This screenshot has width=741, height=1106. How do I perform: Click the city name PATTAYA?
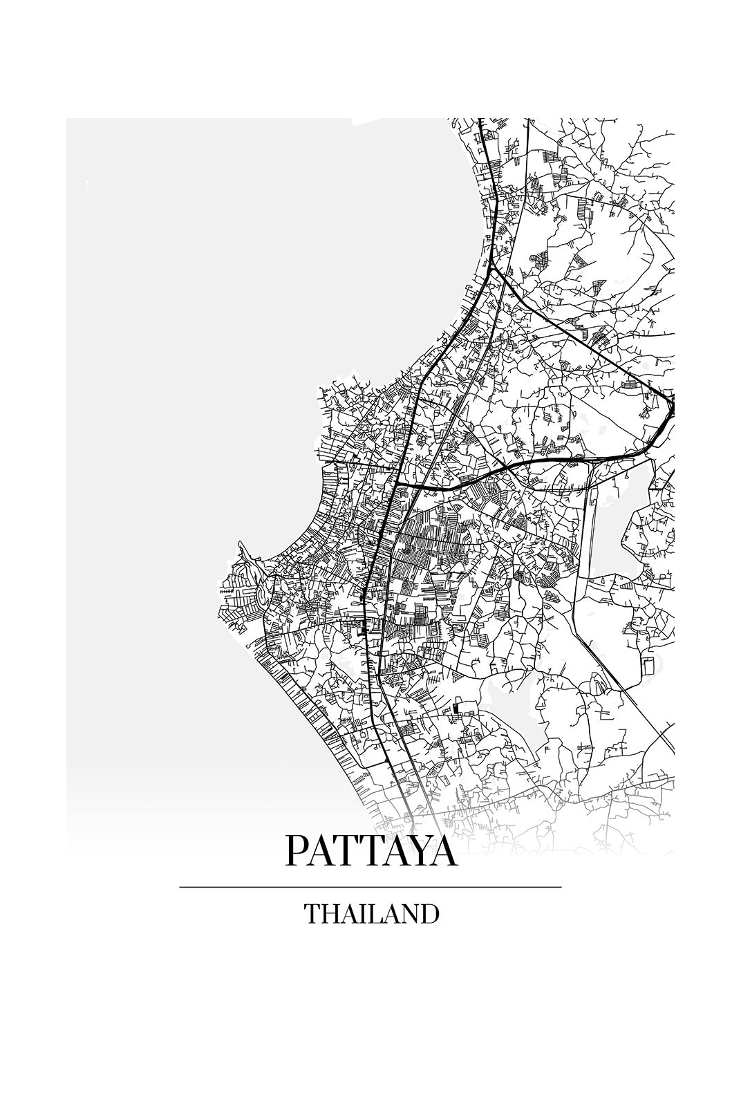[x=370, y=851]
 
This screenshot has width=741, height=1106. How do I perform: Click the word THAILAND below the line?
[x=371, y=914]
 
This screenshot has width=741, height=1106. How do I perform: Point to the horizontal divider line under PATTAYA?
[x=370, y=887]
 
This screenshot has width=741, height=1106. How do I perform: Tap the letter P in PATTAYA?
[x=296, y=851]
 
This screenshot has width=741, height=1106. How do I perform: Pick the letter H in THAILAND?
[x=330, y=914]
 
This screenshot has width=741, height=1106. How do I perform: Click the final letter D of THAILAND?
[x=429, y=914]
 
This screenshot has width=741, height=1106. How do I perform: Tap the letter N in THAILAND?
[x=410, y=914]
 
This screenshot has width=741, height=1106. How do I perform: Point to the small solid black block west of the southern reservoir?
[x=456, y=708]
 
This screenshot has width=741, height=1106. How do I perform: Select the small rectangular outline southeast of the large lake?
[x=648, y=666]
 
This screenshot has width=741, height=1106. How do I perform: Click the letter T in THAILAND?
[x=312, y=914]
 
